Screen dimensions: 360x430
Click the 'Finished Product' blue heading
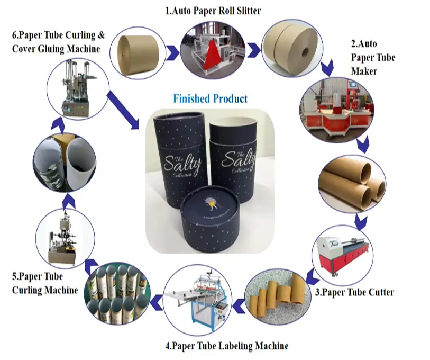pyautogui.click(x=211, y=98)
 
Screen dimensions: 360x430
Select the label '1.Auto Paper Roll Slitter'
pyautogui.click(x=214, y=10)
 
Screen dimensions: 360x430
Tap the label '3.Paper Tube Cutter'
pyautogui.click(x=354, y=292)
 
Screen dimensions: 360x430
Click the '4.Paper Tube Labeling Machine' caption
pyautogui.click(x=227, y=346)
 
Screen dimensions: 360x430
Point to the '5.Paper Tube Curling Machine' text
pyautogui.click(x=44, y=283)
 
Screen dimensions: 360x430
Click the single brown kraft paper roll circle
pyautogui.click(x=137, y=51)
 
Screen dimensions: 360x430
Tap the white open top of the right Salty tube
pyautogui.click(x=233, y=125)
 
